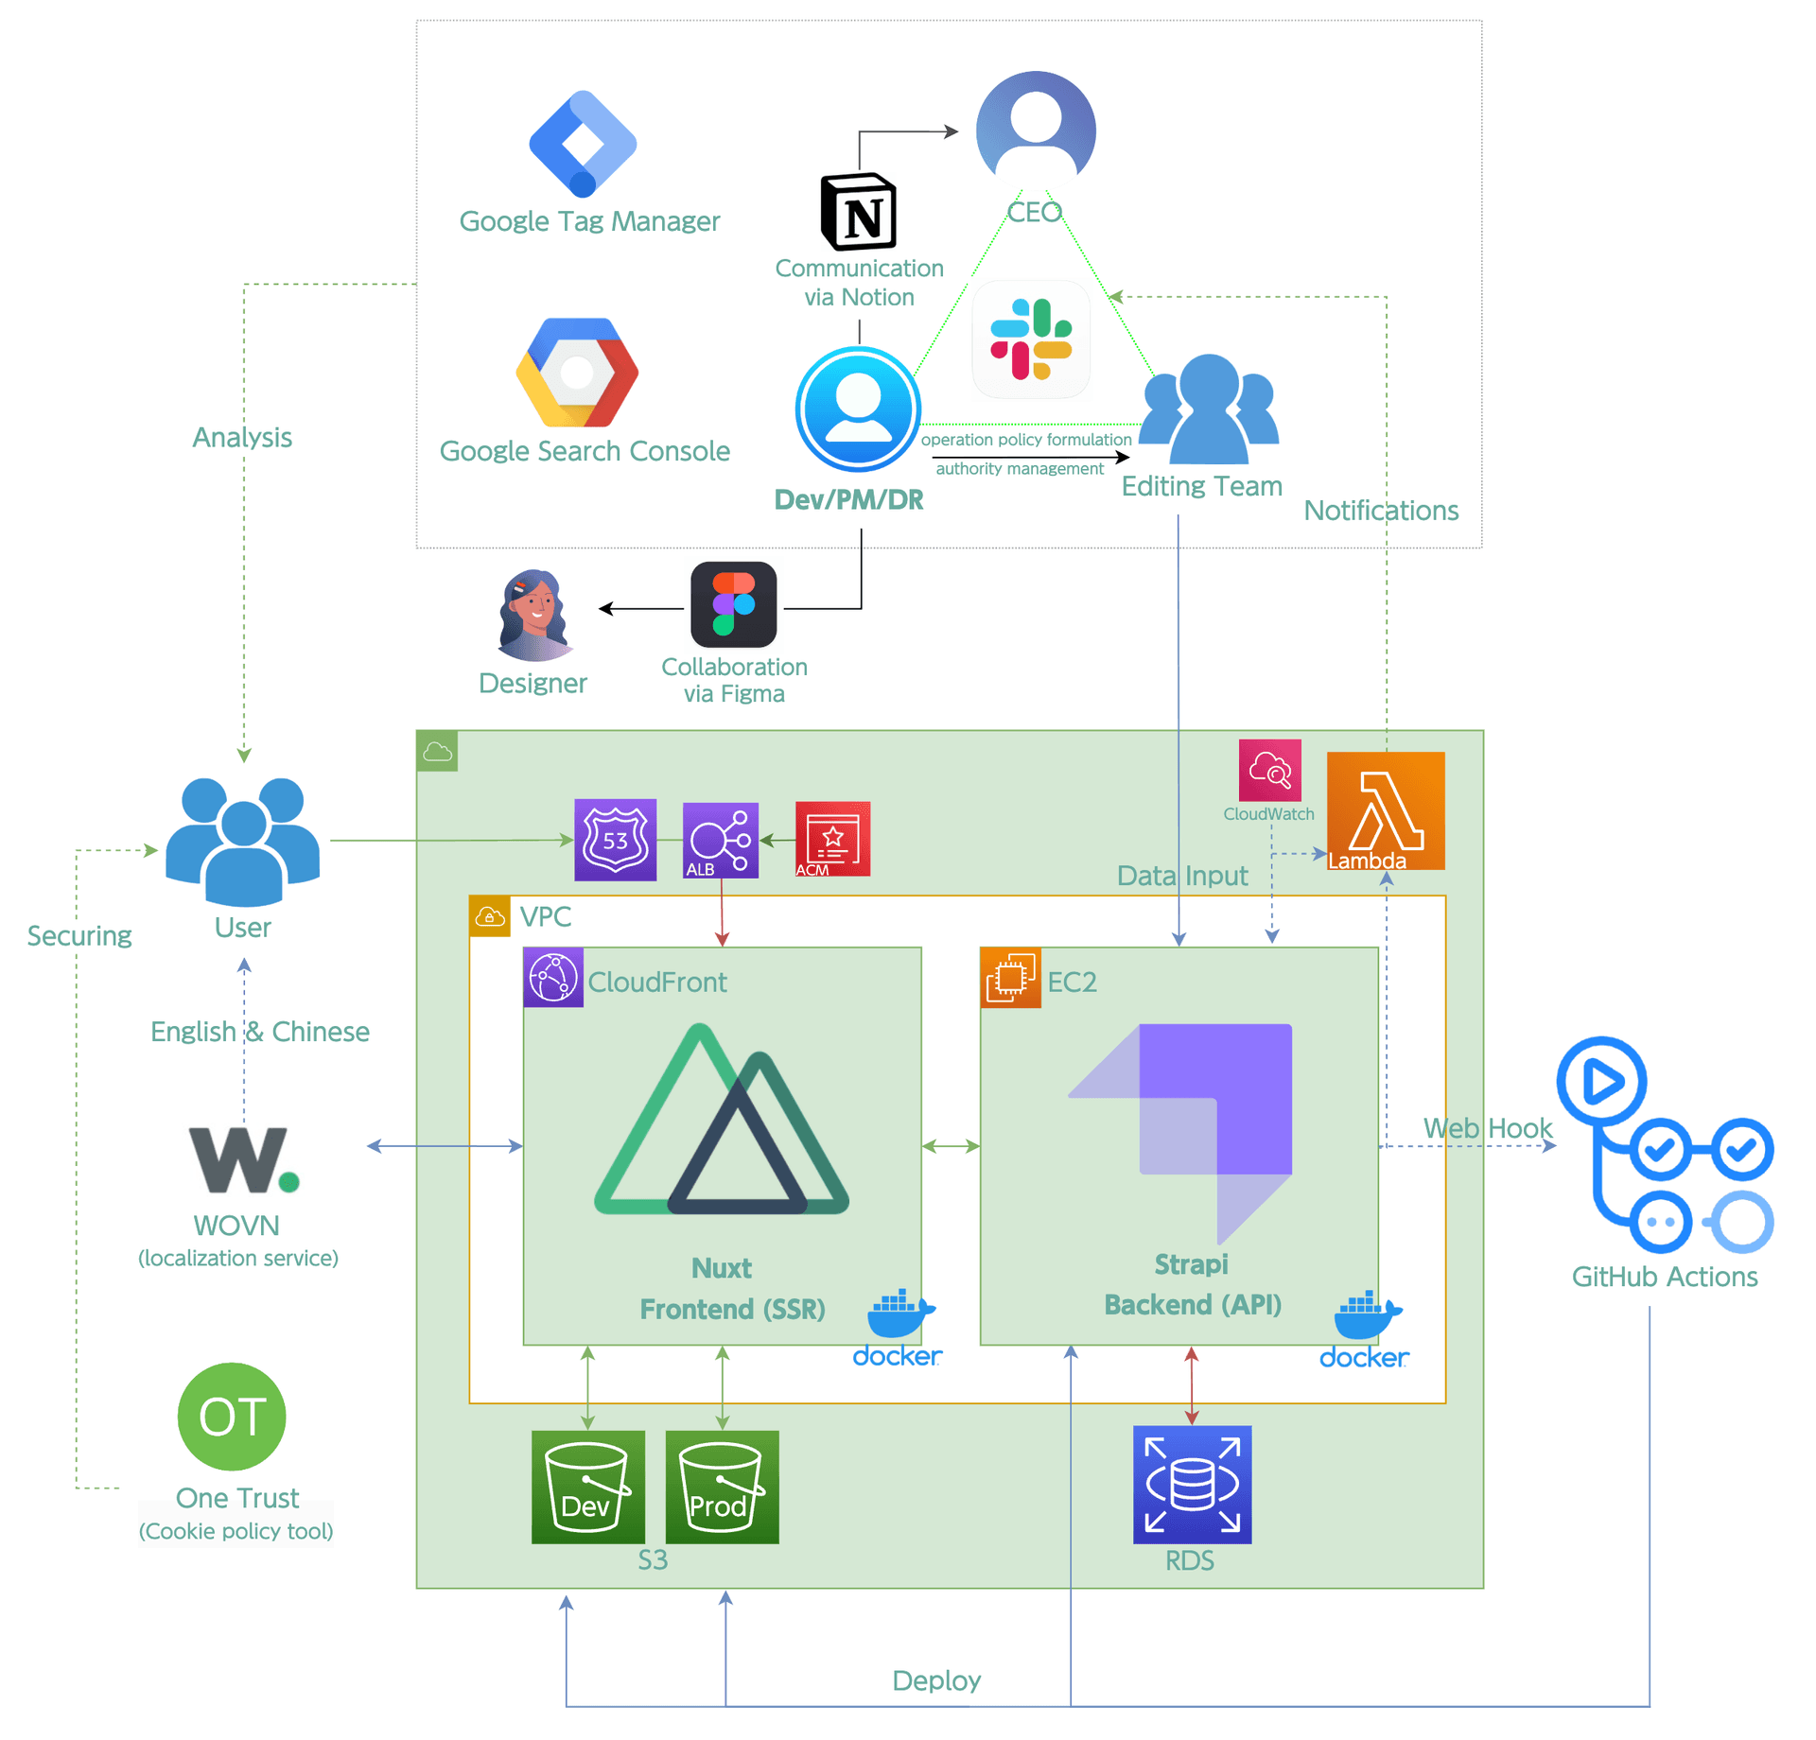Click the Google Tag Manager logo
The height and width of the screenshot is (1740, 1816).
tap(583, 143)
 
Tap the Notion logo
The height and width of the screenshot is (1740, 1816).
tap(858, 211)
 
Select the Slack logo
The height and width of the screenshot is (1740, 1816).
tap(1030, 339)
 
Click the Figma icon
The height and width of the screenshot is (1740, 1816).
tap(733, 604)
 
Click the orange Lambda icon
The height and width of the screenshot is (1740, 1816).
tap(1385, 809)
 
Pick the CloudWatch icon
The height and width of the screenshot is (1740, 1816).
tap(1269, 770)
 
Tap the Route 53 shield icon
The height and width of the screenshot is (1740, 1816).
tap(615, 840)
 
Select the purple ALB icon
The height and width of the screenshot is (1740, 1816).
tap(720, 840)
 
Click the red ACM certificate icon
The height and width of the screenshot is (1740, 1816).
tap(831, 839)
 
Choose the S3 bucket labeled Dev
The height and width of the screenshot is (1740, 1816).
tap(587, 1487)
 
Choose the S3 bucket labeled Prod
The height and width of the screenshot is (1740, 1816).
tap(721, 1487)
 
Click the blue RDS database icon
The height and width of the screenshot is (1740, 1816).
tap(1191, 1484)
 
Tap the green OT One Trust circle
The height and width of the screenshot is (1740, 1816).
tap(232, 1416)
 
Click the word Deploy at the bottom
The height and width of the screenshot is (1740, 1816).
tap(935, 1680)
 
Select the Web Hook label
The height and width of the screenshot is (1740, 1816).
tap(1487, 1127)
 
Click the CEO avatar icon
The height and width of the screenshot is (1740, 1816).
tap(1035, 128)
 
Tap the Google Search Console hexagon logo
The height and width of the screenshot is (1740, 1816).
tap(577, 373)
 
